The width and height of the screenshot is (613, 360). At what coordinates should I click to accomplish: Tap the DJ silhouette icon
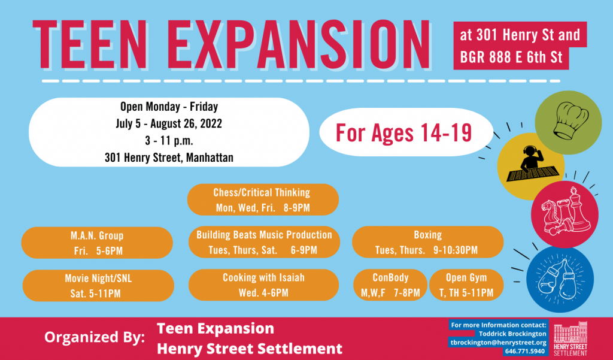point(532,165)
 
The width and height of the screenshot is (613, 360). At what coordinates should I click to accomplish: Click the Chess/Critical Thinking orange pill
point(263,199)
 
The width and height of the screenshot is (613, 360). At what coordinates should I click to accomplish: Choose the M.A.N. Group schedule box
point(97,243)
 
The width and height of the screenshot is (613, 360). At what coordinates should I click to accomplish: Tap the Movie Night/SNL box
point(98,286)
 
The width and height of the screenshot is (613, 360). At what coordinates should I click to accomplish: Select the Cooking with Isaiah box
point(263,285)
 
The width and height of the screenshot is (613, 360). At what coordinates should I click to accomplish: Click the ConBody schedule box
point(390,285)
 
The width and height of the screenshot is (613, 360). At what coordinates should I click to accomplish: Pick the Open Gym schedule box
point(466,285)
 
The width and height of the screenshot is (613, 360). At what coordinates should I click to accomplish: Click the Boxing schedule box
point(427,242)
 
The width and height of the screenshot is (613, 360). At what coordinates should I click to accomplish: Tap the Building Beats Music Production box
point(264,242)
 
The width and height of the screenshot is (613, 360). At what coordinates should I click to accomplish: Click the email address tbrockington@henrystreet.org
point(498,343)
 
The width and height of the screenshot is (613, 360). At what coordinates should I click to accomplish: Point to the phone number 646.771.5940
point(524,351)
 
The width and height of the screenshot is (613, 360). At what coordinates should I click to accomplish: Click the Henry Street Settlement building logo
point(570,338)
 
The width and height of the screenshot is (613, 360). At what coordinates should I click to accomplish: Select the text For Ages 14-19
point(404,132)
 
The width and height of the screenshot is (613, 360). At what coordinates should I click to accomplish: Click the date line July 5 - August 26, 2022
point(168,123)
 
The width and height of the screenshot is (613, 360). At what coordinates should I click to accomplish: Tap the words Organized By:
point(94,337)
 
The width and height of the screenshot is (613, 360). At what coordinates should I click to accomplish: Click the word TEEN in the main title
point(90,44)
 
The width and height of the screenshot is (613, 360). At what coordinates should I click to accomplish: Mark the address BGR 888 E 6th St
point(511,58)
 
